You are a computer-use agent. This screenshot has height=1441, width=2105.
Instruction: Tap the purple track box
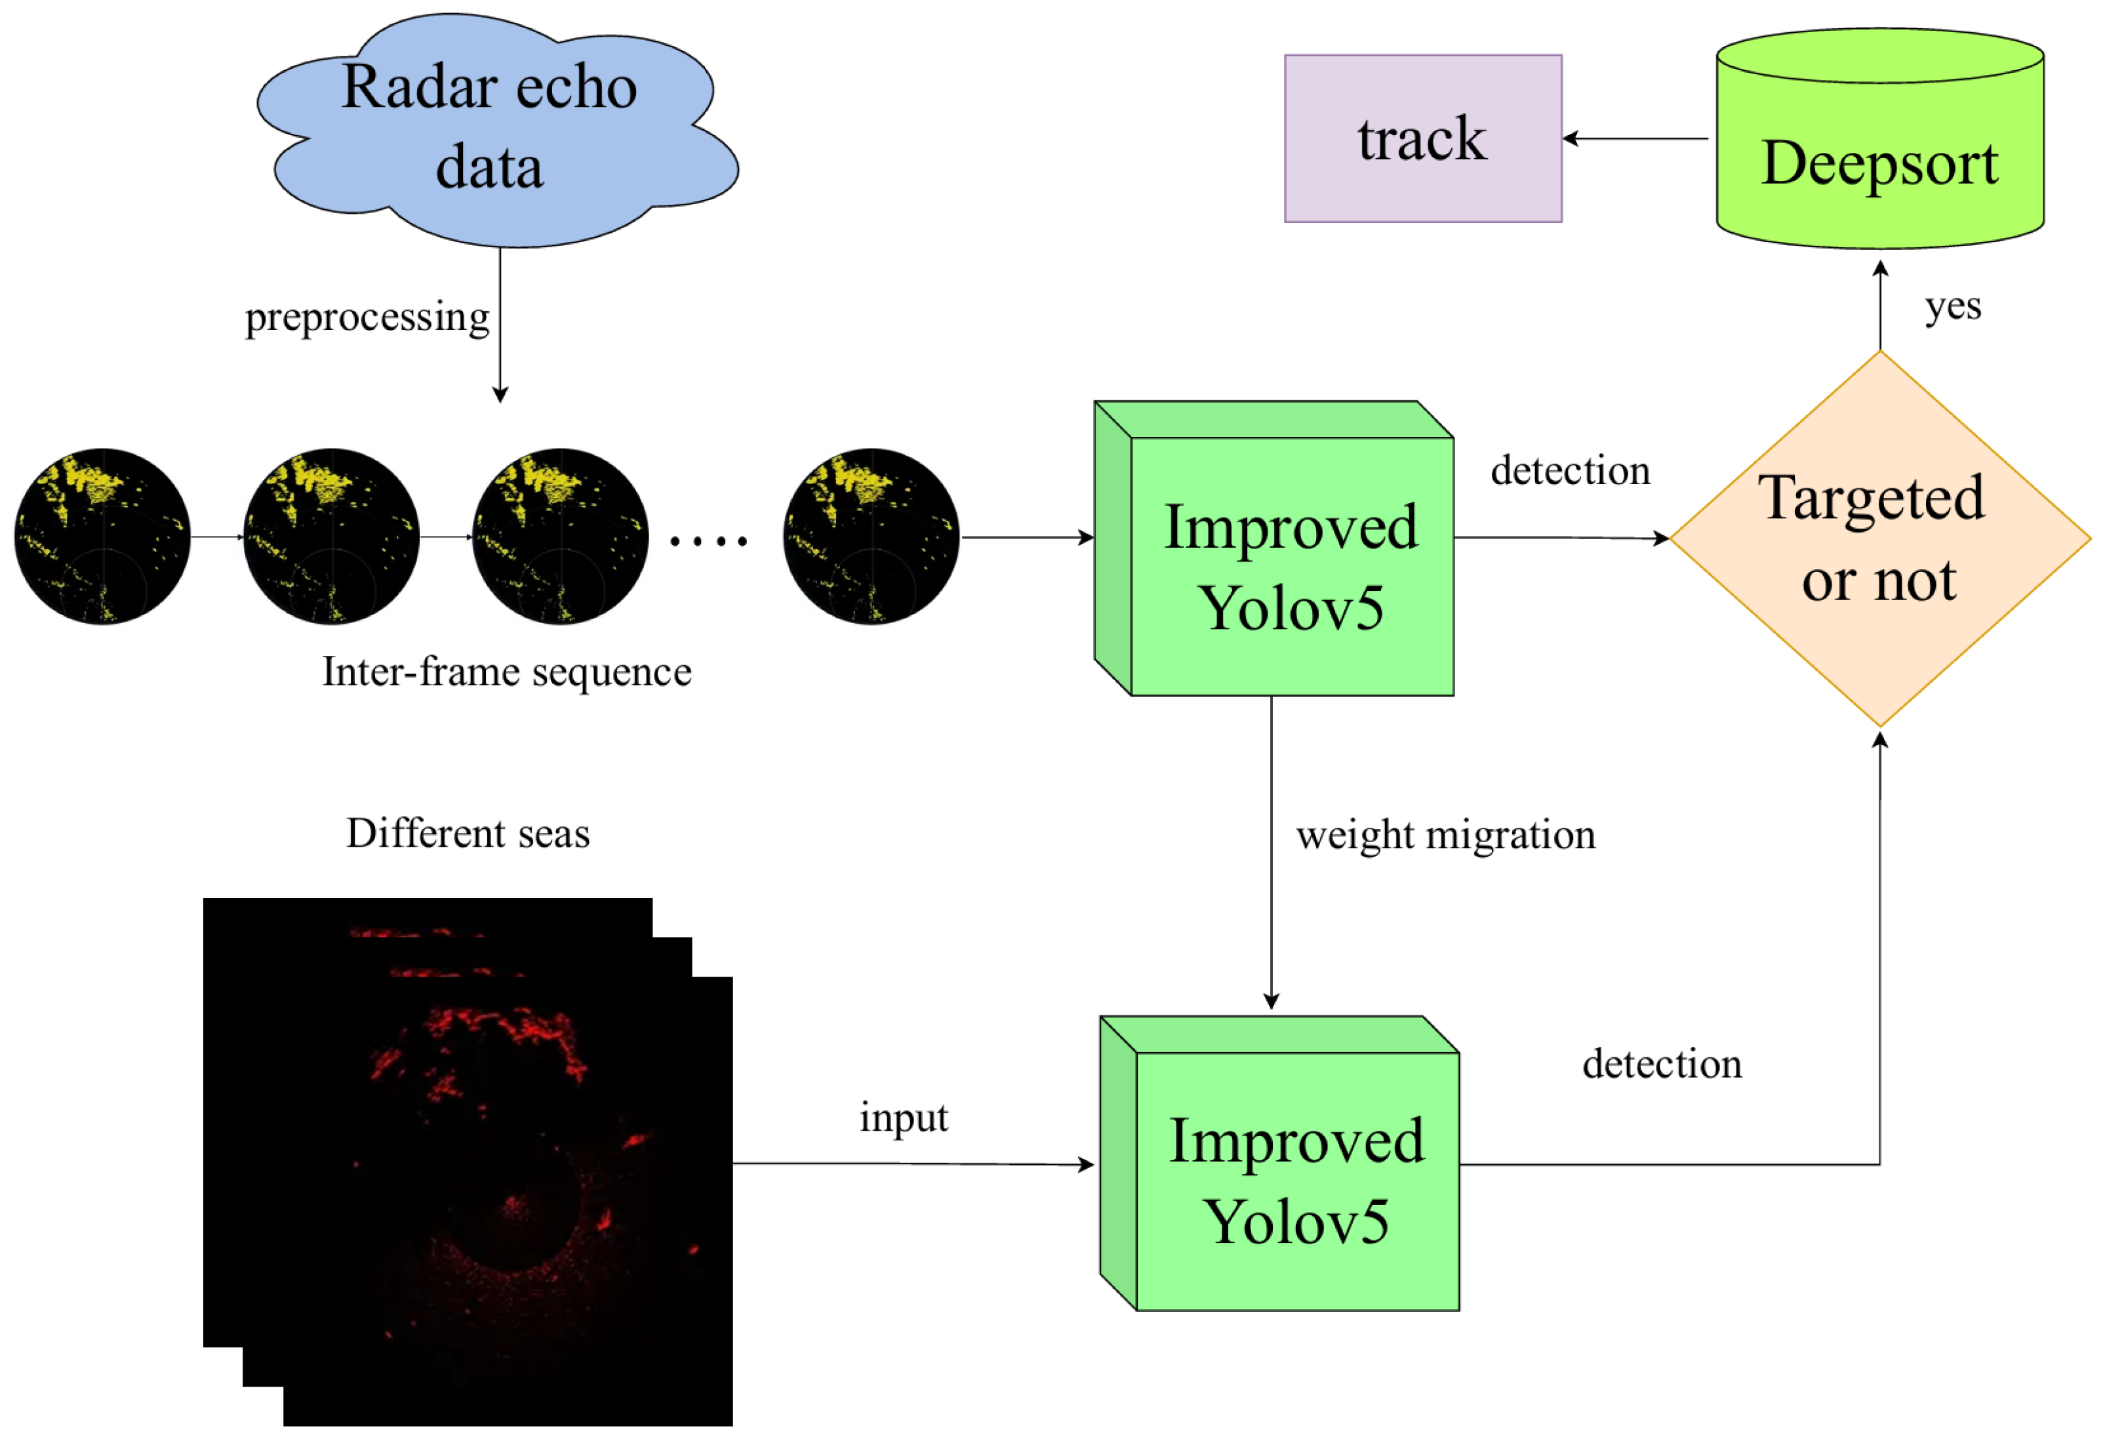1422,138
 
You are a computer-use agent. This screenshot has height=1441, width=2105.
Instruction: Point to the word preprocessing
367,317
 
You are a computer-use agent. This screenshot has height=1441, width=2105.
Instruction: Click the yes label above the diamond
1952,306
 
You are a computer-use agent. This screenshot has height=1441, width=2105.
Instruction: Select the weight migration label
1445,834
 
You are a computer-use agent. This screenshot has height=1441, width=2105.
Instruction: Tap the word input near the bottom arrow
903,1117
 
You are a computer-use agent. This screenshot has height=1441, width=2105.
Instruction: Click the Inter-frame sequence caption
506,672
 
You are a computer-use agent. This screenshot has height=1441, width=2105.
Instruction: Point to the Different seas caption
468,833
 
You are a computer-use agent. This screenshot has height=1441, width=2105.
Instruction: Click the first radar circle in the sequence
102,536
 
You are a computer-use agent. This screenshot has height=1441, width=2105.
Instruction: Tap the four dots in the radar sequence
708,542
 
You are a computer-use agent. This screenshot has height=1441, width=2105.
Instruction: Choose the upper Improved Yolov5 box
1291,566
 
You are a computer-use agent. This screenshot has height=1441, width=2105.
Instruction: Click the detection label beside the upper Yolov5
1570,471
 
